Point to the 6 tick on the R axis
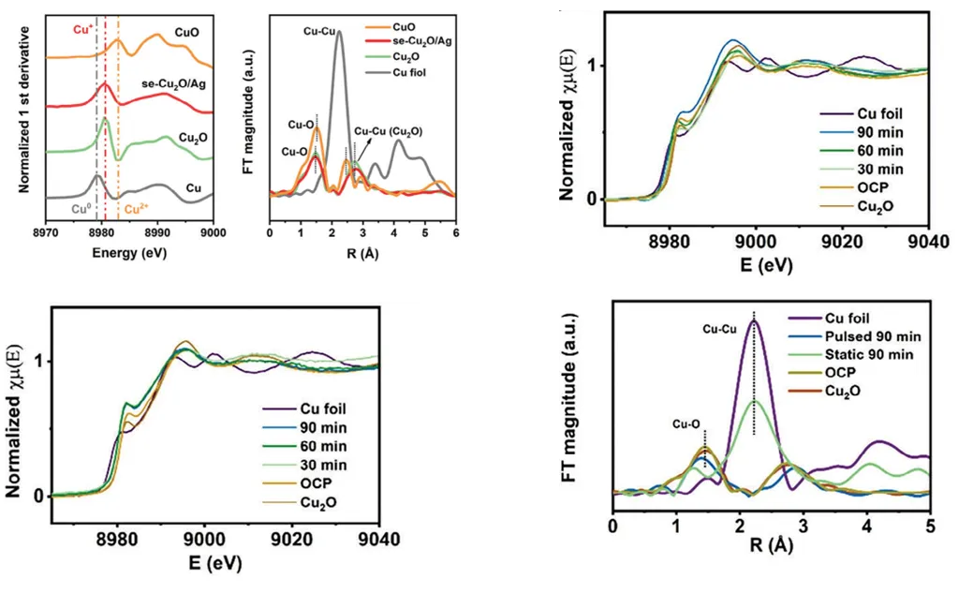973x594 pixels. pyautogui.click(x=455, y=232)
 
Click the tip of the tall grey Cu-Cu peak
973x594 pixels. pyautogui.click(x=339, y=32)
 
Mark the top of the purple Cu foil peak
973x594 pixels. pyautogui.click(x=754, y=321)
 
